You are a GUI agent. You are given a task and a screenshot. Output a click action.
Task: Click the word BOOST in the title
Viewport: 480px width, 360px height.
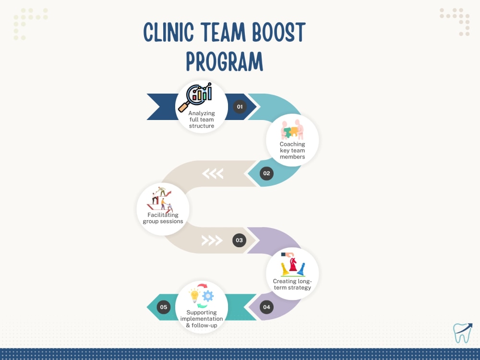pyautogui.click(x=279, y=32)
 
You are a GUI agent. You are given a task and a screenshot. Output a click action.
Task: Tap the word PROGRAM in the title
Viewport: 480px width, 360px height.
pyautogui.click(x=224, y=61)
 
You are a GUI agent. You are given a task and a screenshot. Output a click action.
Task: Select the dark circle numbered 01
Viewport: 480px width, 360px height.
pyautogui.click(x=240, y=107)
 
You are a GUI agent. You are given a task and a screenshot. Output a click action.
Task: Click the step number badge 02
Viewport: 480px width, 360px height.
pyautogui.click(x=266, y=173)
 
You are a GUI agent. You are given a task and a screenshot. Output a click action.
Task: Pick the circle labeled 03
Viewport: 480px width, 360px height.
pyautogui.click(x=240, y=240)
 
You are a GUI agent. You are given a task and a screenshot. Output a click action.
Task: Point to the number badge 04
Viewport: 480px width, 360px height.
pyautogui.click(x=266, y=307)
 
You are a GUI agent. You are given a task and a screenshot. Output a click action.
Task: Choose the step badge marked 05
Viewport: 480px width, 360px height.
pyautogui.click(x=164, y=307)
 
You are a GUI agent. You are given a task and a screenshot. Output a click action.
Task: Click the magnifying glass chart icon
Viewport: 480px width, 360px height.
pyautogui.click(x=195, y=97)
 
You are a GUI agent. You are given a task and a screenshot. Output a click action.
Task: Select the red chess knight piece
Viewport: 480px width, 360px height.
pyautogui.click(x=293, y=264)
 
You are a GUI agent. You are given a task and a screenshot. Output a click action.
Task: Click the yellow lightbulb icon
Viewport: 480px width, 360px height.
pyautogui.click(x=194, y=296)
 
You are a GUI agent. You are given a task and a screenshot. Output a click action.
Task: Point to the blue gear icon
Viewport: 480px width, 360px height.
pyautogui.click(x=208, y=296)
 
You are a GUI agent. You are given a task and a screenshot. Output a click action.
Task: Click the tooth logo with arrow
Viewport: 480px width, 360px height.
pyautogui.click(x=463, y=333)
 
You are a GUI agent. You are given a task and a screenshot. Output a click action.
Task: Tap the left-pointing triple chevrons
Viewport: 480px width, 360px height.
pyautogui.click(x=213, y=174)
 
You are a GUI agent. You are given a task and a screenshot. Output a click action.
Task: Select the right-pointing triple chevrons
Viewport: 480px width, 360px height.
pyautogui.click(x=212, y=240)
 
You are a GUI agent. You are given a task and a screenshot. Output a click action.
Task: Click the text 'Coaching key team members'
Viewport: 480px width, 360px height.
pyautogui.click(x=292, y=150)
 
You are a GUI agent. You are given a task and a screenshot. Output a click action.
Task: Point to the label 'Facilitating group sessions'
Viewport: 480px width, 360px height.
pyautogui.click(x=163, y=218)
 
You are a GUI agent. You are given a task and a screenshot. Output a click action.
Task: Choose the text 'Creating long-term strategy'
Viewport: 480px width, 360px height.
pyautogui.click(x=292, y=284)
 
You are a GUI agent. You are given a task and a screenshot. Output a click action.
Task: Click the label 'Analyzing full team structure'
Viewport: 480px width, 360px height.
pyautogui.click(x=202, y=120)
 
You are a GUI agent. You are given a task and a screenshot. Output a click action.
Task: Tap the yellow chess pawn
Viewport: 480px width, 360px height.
pyautogui.click(x=285, y=269)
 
